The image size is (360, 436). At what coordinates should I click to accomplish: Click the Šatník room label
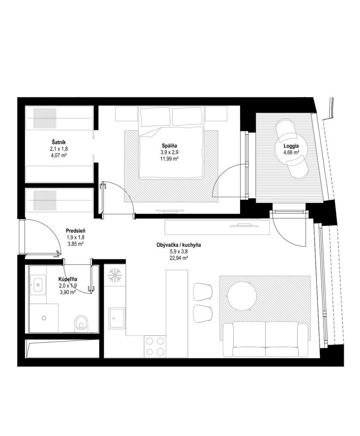tap(59, 142)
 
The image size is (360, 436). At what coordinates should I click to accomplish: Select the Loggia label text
tap(291, 146)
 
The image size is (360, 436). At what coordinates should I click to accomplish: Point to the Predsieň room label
tap(75, 231)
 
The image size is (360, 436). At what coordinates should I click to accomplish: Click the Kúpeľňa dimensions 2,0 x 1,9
tap(68, 285)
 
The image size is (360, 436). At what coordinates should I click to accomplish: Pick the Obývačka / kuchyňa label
tap(179, 245)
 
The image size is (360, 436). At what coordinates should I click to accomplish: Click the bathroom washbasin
tap(38, 285)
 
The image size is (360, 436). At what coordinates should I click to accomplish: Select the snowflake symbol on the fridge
tap(115, 275)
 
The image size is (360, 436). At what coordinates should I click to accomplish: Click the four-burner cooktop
tap(155, 346)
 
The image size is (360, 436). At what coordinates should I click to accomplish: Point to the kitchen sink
tap(117, 319)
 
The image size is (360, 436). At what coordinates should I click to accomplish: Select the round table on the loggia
tap(291, 148)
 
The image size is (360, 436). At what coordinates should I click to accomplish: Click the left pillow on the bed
tap(155, 117)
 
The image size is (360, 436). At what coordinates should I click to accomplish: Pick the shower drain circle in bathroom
tap(43, 318)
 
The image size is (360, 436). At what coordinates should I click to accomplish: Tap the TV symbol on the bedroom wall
tap(170, 211)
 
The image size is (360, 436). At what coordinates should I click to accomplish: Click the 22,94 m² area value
tap(179, 258)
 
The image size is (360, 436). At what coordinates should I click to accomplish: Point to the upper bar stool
tap(203, 292)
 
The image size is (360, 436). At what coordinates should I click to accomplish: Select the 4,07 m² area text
tap(59, 155)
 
